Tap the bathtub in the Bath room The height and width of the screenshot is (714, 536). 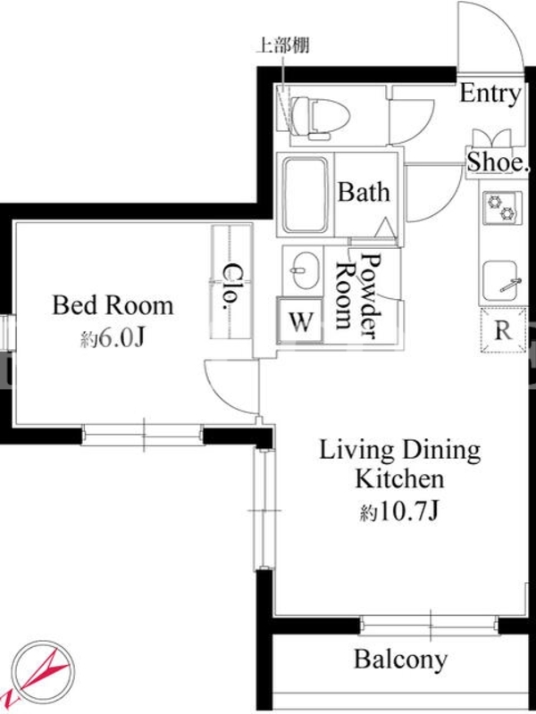click(306, 195)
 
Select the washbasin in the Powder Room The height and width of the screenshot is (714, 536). click(303, 270)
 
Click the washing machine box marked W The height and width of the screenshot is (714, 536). click(301, 321)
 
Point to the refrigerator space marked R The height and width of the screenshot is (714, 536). click(504, 330)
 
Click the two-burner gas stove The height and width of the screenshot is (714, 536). click(501, 208)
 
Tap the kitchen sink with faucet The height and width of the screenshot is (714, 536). click(501, 281)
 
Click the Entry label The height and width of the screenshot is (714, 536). click(490, 95)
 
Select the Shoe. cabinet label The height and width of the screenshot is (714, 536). click(498, 162)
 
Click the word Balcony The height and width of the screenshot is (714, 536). click(401, 660)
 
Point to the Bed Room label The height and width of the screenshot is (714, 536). click(113, 305)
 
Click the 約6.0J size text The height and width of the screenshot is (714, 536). click(113, 338)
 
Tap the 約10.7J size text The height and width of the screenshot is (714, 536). click(399, 512)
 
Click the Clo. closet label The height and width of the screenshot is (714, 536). click(232, 286)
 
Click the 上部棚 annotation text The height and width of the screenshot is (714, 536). click(283, 46)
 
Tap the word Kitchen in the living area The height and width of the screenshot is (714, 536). click(399, 479)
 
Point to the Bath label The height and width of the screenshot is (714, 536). click(364, 192)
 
